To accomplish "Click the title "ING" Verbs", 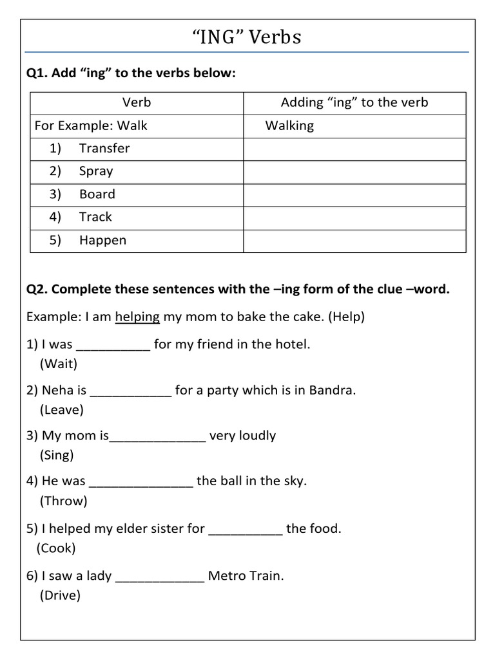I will tap(247, 38).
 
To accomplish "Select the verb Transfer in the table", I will tap(104, 148).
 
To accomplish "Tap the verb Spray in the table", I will tap(96, 171).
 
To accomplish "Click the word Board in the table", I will tap(97, 194).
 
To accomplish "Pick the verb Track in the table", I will tap(95, 217).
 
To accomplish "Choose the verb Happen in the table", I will tap(102, 240).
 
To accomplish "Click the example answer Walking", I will tap(289, 125).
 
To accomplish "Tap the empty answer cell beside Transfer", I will tap(354, 149).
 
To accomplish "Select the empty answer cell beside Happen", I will tap(354, 241).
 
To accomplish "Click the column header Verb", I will tap(137, 102).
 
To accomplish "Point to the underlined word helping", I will tap(137, 317).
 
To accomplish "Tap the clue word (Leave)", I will tap(61, 409).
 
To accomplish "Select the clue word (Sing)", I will tap(57, 455).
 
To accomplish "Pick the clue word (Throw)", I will tap(63, 501).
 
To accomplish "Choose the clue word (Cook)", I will tap(56, 548).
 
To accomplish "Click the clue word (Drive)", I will tap(60, 595).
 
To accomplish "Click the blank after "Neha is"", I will tap(131, 391).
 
